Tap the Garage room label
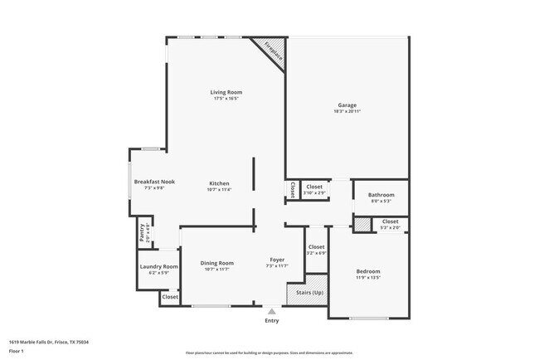coord(347,105)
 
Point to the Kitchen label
coord(219,183)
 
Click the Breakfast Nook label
coord(154,182)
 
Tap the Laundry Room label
coord(158,266)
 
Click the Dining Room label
coord(216,263)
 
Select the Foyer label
coord(277,260)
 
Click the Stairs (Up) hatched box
coord(306,293)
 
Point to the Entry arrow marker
coord(271,311)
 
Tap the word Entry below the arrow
coord(271,320)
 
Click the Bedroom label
coord(368,271)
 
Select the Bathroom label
coord(381,195)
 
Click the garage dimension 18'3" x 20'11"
coord(347,112)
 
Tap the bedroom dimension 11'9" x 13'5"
coord(368,278)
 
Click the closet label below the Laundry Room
coord(170,296)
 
